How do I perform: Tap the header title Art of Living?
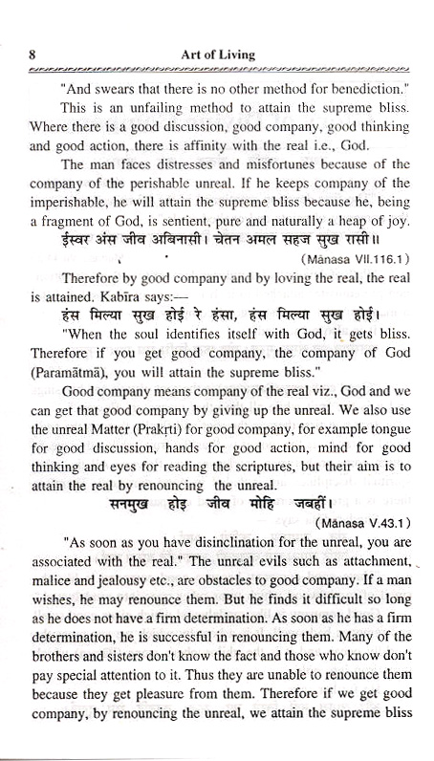219,54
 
